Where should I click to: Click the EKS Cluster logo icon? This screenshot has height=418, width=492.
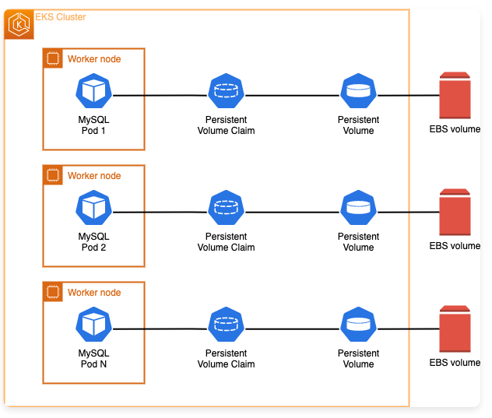(19, 25)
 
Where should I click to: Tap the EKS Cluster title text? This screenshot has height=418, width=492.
(61, 16)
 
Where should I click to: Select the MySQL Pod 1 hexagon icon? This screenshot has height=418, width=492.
(93, 92)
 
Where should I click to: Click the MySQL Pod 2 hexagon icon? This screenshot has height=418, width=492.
(93, 209)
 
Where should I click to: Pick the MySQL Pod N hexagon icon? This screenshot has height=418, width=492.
(93, 325)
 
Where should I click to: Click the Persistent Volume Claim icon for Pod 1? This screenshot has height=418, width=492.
(226, 92)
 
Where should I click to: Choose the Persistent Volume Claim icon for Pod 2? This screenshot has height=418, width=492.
(226, 209)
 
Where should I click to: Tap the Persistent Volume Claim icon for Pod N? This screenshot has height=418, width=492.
(226, 325)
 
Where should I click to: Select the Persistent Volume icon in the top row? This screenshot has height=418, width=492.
(358, 92)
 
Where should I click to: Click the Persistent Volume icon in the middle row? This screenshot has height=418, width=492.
(358, 209)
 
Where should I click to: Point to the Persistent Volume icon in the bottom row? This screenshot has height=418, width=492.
(358, 325)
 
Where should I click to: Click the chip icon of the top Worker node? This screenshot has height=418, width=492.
(53, 58)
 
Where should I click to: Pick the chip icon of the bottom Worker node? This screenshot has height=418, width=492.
(53, 292)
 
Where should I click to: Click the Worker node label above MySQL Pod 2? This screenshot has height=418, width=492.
(94, 176)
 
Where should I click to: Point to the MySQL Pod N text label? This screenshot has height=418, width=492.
(93, 358)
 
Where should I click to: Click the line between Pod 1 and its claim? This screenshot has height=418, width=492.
(160, 95)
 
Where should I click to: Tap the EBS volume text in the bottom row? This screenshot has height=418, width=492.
(455, 363)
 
